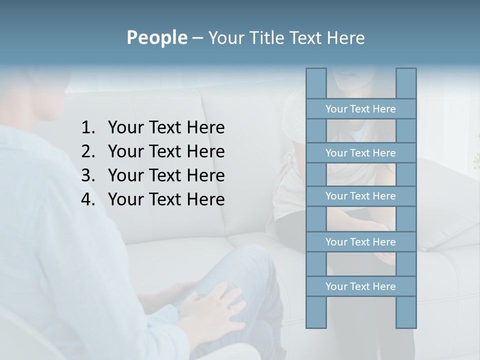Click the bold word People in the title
[x=156, y=37]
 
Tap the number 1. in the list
[x=88, y=128]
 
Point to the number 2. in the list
[x=88, y=151]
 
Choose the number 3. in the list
[x=88, y=175]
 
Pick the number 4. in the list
[x=88, y=199]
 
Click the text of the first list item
[x=166, y=128]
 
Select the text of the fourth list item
[x=166, y=199]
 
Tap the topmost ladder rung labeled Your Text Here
[x=360, y=109]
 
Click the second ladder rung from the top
[x=360, y=153]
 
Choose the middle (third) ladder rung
[x=360, y=196]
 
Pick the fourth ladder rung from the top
[x=360, y=242]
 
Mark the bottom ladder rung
[x=360, y=286]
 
